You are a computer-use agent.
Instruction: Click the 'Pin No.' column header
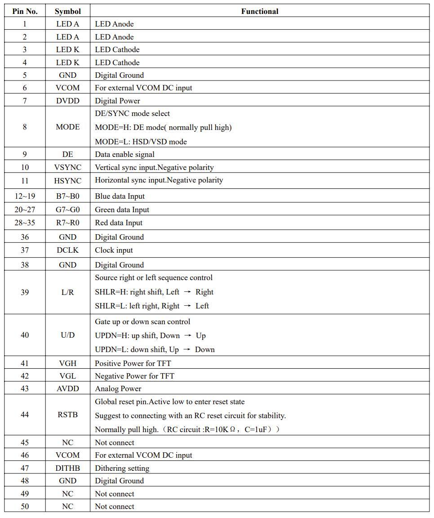pyautogui.click(x=25, y=11)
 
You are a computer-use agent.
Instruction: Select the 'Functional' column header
pyautogui.click(x=259, y=11)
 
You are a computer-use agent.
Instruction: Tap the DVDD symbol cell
pyautogui.click(x=67, y=101)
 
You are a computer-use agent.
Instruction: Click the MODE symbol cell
pyautogui.click(x=67, y=127)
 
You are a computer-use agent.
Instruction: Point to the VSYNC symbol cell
pyautogui.click(x=67, y=167)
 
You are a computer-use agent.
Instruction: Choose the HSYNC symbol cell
pyautogui.click(x=67, y=181)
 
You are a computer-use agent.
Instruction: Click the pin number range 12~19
pyautogui.click(x=25, y=196)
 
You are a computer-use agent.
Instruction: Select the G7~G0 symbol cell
pyautogui.click(x=67, y=210)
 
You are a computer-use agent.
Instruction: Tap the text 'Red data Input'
pyautogui.click(x=119, y=223)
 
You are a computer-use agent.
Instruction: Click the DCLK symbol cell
pyautogui.click(x=67, y=250)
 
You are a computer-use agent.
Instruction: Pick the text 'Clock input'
pyautogui.click(x=114, y=250)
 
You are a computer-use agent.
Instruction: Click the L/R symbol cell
pyautogui.click(x=67, y=292)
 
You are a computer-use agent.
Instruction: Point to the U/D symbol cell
pyautogui.click(x=67, y=335)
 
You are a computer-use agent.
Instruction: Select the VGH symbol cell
pyautogui.click(x=67, y=363)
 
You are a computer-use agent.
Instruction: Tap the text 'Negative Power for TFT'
pyautogui.click(x=134, y=376)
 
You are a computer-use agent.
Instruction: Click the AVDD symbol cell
pyautogui.click(x=67, y=388)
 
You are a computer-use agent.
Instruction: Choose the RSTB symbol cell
pyautogui.click(x=67, y=415)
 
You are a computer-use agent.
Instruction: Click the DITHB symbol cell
pyautogui.click(x=67, y=468)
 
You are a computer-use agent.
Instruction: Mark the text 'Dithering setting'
pyautogui.click(x=122, y=468)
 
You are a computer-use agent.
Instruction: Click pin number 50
pyautogui.click(x=25, y=506)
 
